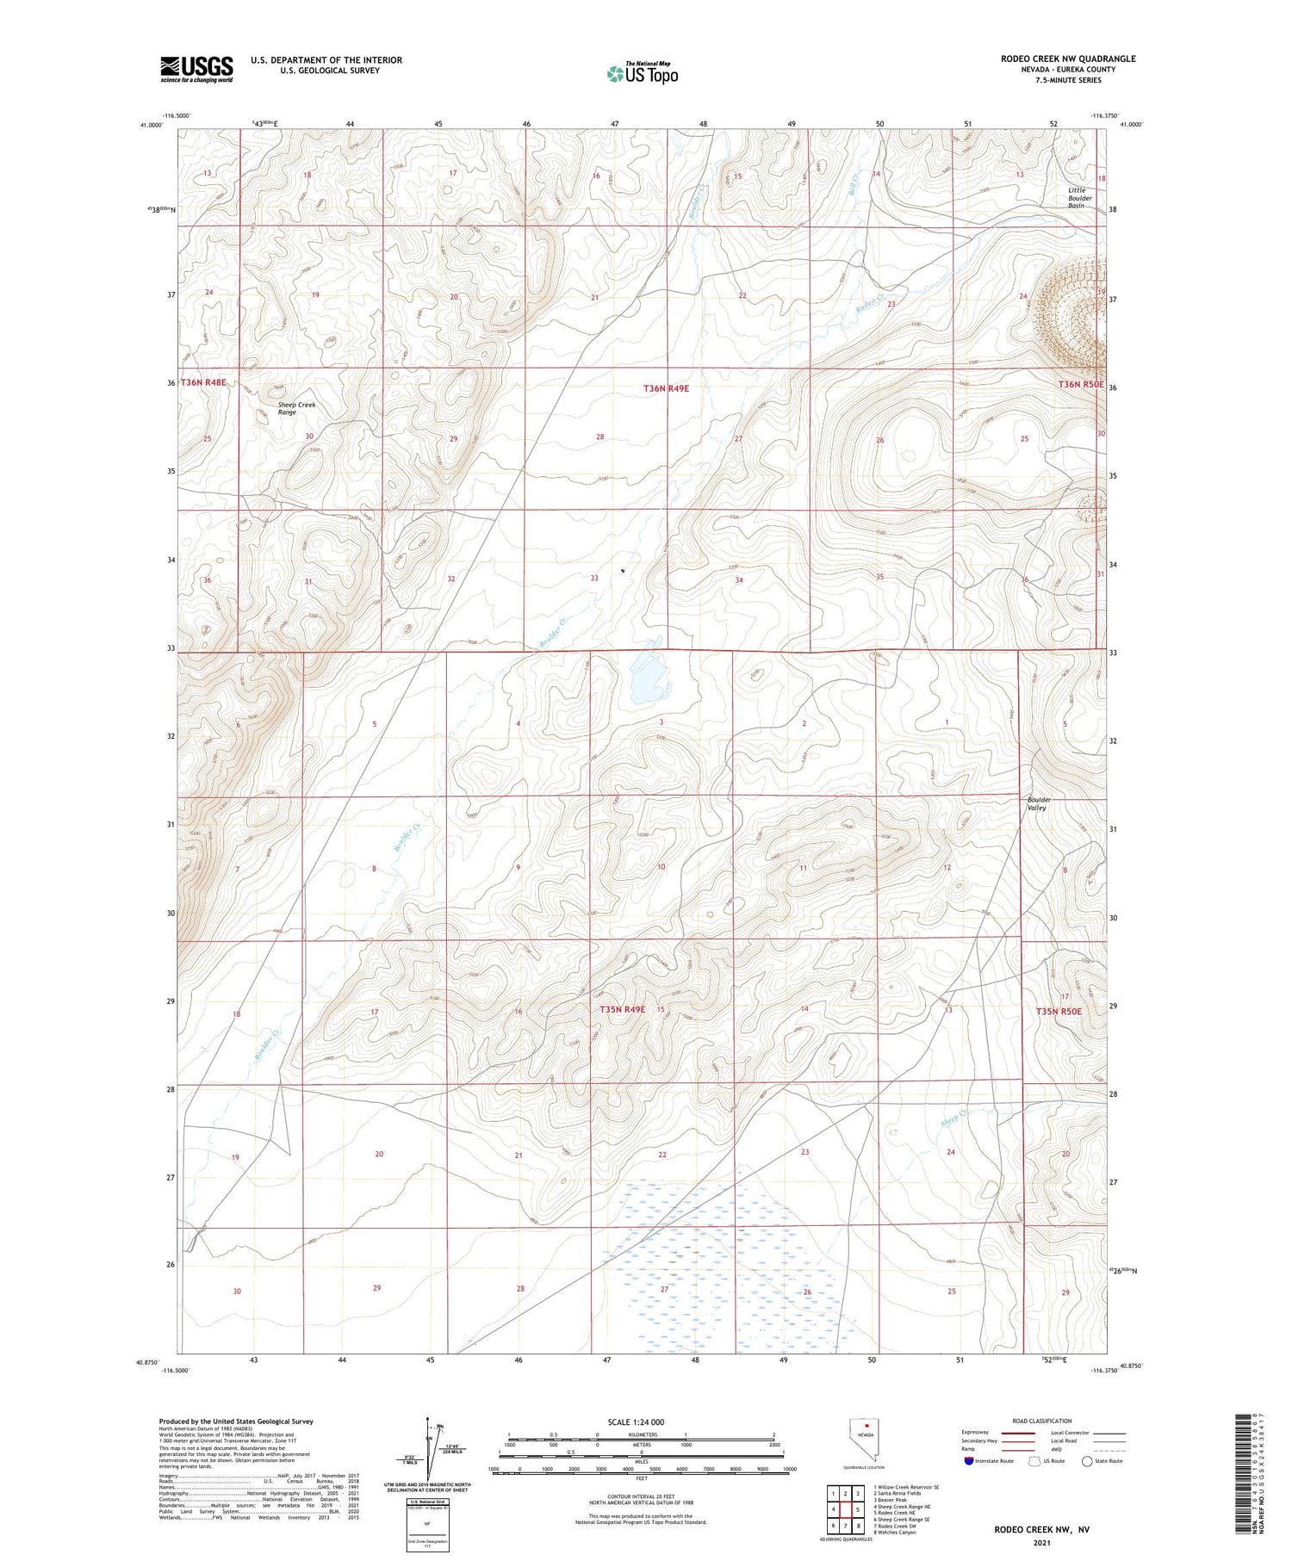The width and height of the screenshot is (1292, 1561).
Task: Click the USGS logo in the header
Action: point(196,69)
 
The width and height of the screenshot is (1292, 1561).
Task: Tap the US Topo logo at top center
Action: point(642,73)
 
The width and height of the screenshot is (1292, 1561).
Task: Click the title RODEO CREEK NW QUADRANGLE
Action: point(1067,59)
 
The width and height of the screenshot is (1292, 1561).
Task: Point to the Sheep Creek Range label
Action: point(296,408)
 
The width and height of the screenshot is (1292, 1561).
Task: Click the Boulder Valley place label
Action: point(1038,803)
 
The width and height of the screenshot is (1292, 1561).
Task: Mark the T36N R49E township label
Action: point(666,388)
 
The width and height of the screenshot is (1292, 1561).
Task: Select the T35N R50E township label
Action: point(1058,1012)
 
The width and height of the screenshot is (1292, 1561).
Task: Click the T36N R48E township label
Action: point(203,382)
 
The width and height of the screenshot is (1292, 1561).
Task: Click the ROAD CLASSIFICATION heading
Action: point(1041,1421)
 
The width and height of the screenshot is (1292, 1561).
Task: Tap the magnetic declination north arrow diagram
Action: point(431,1450)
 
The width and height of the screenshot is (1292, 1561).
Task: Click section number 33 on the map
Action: point(593,578)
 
